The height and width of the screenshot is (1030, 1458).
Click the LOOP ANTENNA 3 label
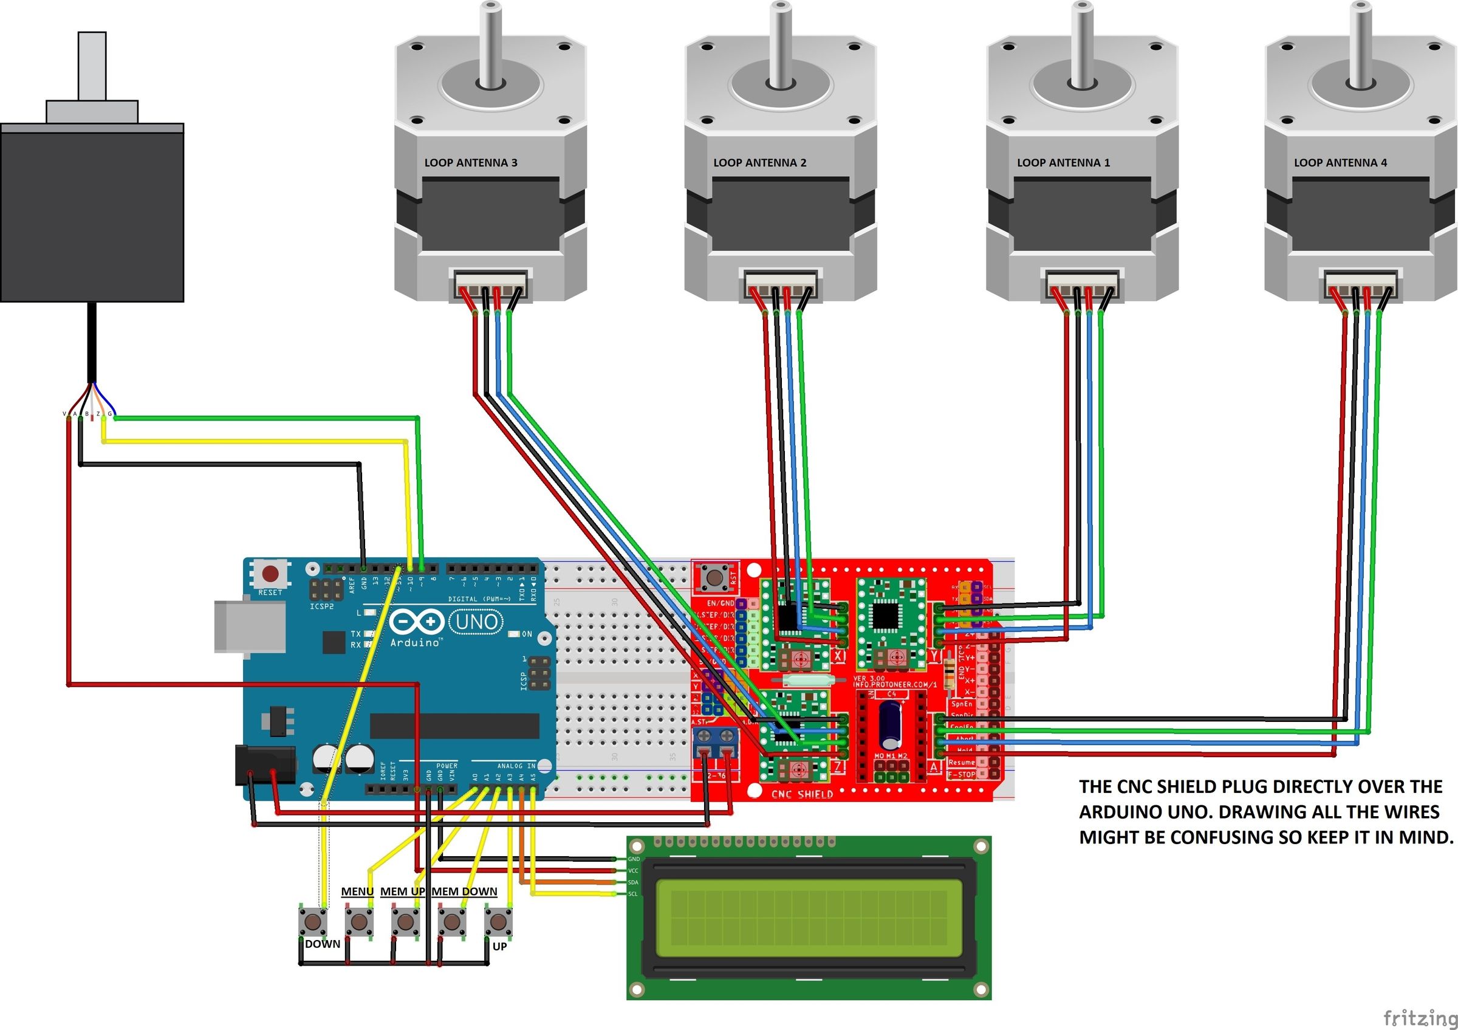[471, 163]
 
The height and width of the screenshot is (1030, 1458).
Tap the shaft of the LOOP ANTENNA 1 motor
[1081, 44]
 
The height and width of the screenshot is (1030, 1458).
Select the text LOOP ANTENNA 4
[1340, 163]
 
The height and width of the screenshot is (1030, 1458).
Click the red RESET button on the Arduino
[270, 574]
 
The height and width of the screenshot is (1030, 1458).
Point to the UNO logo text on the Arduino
[476, 622]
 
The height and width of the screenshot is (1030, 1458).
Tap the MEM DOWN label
[464, 891]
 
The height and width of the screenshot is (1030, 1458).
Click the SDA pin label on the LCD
[633, 883]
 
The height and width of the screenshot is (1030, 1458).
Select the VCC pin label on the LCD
[633, 871]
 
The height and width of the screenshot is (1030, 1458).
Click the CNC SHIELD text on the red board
[801, 794]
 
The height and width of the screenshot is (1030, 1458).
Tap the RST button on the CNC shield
[715, 577]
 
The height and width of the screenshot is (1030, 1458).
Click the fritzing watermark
[1420, 1018]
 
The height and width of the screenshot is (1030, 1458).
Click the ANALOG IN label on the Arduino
[516, 766]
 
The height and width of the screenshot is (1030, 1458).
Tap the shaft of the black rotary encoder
[92, 66]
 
